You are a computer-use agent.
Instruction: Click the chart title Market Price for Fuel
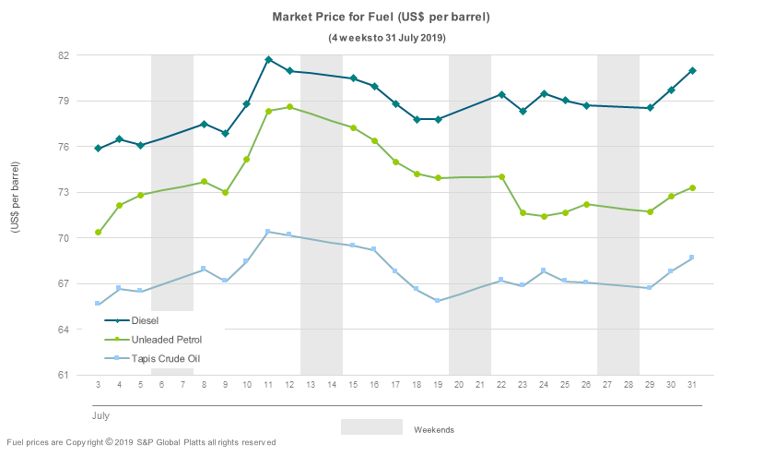pos(381,17)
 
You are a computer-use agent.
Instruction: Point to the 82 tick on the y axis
pos(64,55)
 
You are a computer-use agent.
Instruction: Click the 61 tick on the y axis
pos(64,375)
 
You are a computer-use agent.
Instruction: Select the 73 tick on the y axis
pos(64,192)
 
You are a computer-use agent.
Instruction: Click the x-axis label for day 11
pos(268,385)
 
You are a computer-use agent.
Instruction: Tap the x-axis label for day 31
pos(692,385)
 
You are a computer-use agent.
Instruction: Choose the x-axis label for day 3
pos(98,385)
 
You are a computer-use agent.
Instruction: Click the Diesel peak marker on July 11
pos(268,60)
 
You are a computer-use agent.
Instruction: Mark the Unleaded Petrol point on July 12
pos(289,107)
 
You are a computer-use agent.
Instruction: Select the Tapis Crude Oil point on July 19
pos(438,301)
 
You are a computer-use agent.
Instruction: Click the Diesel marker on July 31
pos(692,71)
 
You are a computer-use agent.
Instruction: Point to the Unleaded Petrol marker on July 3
pos(98,233)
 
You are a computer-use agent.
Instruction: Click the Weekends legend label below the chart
pos(433,430)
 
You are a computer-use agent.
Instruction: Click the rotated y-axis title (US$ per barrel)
pos(16,197)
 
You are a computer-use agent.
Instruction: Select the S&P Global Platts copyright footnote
pos(141,443)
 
